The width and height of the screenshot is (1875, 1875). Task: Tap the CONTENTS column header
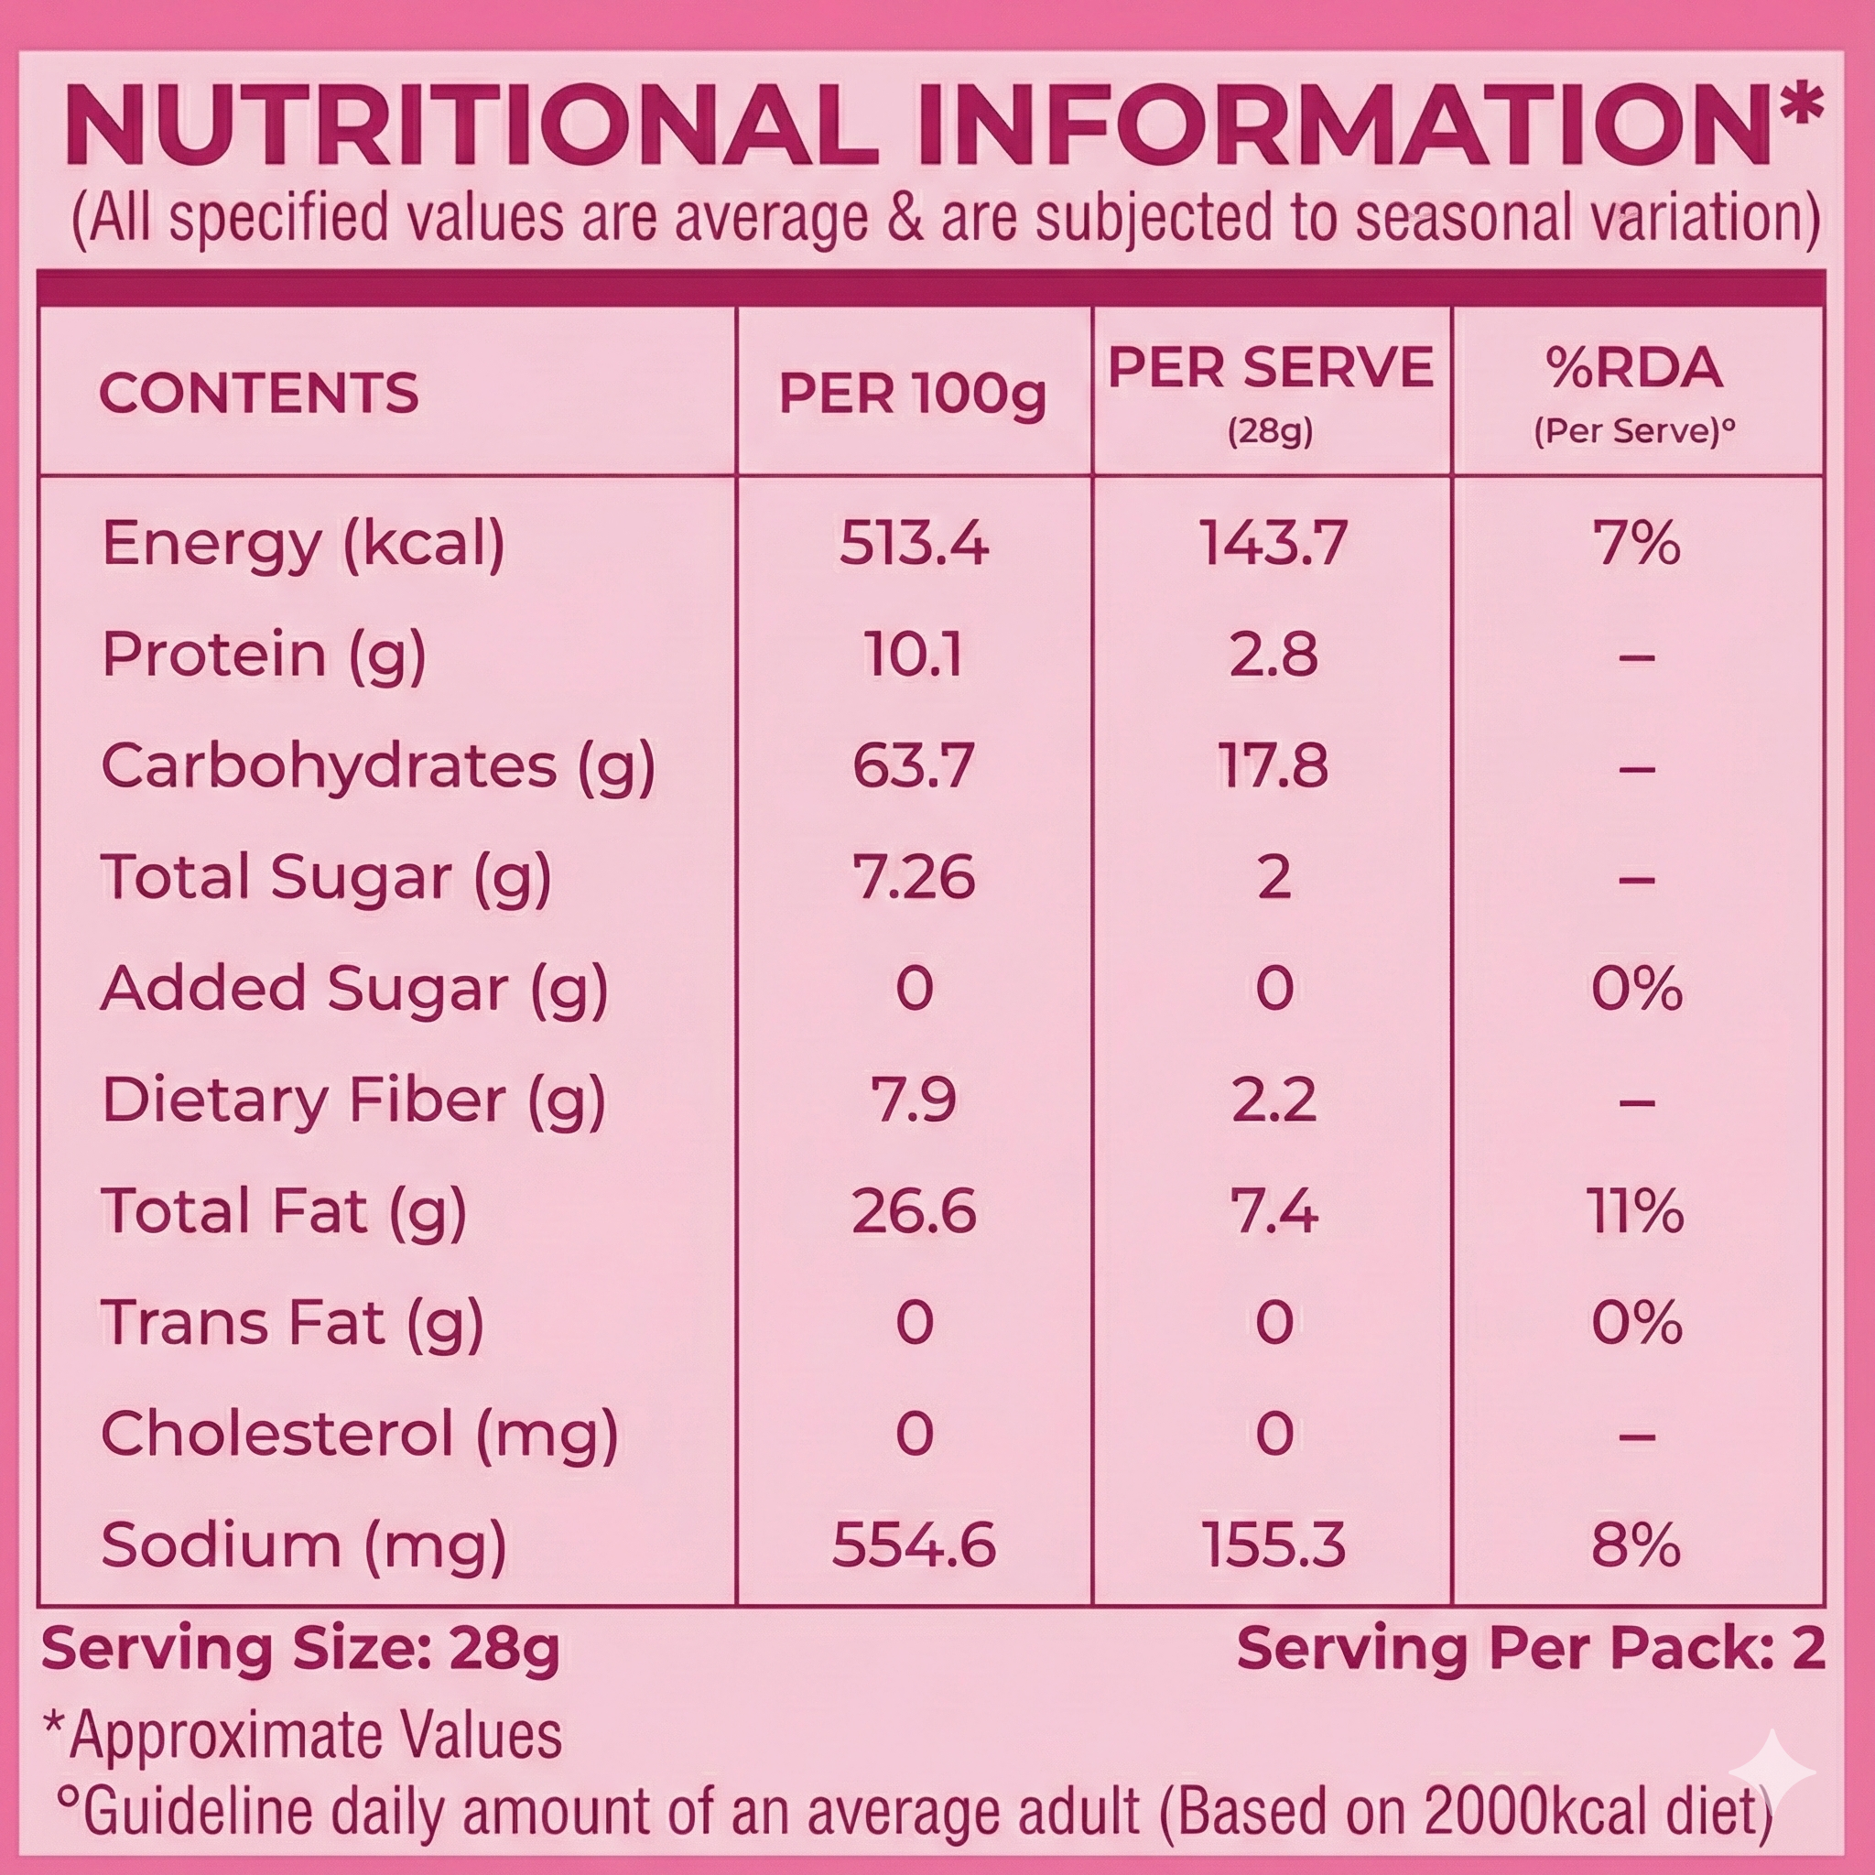click(258, 393)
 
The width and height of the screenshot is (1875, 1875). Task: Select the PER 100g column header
click(912, 393)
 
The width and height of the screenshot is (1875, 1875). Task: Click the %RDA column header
click(1635, 368)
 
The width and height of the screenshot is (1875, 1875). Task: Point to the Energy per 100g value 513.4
click(913, 543)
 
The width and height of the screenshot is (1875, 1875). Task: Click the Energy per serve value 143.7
click(1273, 543)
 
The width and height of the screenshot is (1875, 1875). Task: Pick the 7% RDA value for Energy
click(1635, 543)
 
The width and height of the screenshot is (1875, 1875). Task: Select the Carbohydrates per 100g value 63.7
click(913, 765)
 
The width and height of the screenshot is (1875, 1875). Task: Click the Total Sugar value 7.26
click(913, 877)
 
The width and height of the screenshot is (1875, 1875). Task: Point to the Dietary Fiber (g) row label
click(353, 1100)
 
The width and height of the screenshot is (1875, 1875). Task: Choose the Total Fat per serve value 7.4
click(1273, 1212)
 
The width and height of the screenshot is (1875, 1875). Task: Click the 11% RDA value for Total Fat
click(1635, 1212)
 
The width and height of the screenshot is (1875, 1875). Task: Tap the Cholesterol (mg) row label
click(359, 1435)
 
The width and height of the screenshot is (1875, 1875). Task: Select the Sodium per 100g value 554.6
click(913, 1545)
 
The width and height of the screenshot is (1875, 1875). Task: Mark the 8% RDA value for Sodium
click(1635, 1545)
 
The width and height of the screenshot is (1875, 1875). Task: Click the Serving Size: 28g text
click(301, 1649)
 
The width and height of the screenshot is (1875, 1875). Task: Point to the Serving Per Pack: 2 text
click(1531, 1649)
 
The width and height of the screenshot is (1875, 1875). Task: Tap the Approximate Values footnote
click(303, 1735)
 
